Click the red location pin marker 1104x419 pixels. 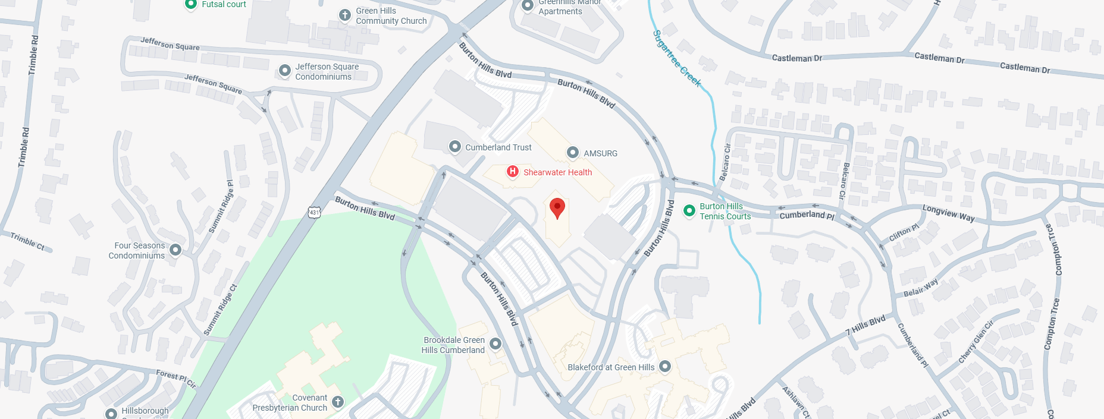click(557, 208)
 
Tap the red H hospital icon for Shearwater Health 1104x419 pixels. click(513, 172)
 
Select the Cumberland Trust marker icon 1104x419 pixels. click(455, 147)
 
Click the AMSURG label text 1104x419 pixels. click(600, 153)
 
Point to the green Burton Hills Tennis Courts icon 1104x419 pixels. click(689, 210)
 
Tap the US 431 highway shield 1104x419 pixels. click(314, 212)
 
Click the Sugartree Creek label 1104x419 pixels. click(677, 58)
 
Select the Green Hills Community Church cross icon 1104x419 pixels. click(345, 15)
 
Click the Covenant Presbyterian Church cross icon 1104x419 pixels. click(338, 402)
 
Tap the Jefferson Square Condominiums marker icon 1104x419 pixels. click(285, 71)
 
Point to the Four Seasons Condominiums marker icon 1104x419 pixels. click(175, 250)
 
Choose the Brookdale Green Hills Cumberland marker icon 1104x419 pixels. click(495, 344)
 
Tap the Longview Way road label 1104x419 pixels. click(948, 213)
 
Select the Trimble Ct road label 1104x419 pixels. click(27, 241)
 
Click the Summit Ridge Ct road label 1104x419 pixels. click(220, 310)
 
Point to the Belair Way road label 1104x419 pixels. click(920, 288)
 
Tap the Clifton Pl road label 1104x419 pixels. click(904, 232)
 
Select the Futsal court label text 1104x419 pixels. click(224, 5)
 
